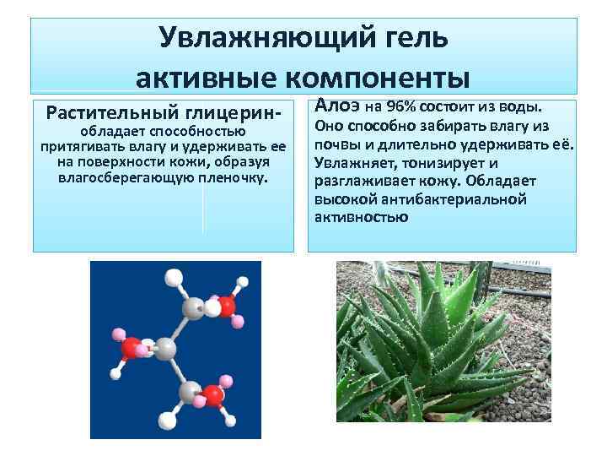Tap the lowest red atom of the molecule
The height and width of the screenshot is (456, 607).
pos(215,395)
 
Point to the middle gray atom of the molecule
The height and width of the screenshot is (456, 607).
pos(166,348)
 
